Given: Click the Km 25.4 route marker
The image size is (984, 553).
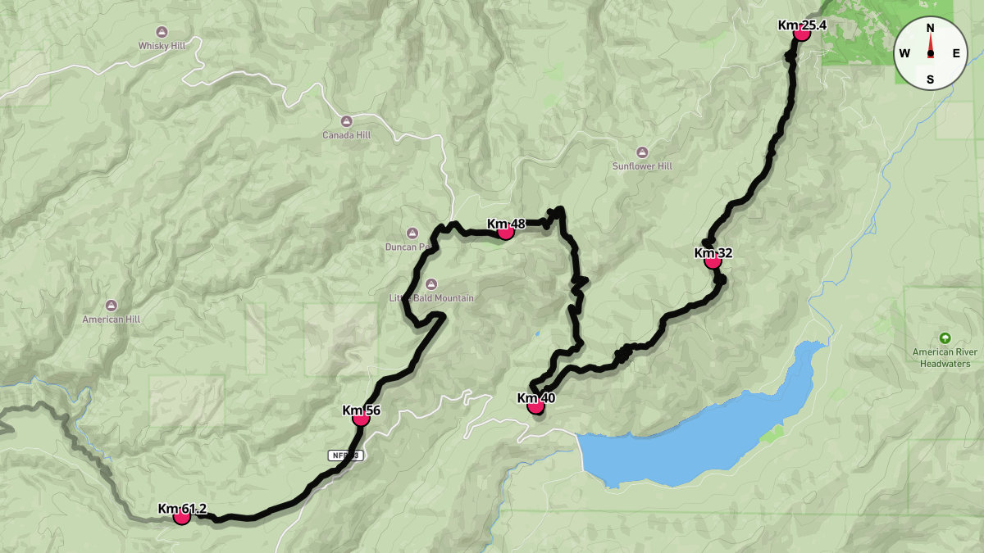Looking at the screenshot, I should coord(802,33).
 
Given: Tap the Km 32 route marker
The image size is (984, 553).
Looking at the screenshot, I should coord(713,261).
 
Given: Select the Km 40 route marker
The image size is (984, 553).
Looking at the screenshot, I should coord(535,406).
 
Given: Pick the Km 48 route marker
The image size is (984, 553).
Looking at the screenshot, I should coord(506,232).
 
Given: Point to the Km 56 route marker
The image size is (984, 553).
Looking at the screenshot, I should coord(361,418).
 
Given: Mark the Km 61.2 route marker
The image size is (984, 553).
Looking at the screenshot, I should coord(182,516).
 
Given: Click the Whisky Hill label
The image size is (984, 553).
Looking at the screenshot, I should coord(162,46).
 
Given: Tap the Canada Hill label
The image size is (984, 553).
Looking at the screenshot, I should coord(346,135).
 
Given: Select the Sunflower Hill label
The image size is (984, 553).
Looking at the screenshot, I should coord(642,166).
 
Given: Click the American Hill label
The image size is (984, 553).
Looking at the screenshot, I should coord(112,320).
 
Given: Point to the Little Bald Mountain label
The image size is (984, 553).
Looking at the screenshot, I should coord(431,298).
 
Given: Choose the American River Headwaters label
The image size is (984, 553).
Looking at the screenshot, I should coord(945,358).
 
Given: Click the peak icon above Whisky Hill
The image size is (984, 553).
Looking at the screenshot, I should coord(162,32).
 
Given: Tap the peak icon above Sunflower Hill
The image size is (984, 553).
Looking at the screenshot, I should coord(642,152).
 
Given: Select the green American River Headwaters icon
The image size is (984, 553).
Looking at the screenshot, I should coord(945,338).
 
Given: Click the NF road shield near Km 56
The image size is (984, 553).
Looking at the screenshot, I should coord(345,455).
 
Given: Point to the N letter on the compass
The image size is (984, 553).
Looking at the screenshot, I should coord(930,28).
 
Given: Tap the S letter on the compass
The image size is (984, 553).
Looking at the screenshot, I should coord(930,79).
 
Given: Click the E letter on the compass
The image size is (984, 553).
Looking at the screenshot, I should coord(956,54).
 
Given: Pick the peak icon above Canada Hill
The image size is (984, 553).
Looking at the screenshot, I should coord(346,121).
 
